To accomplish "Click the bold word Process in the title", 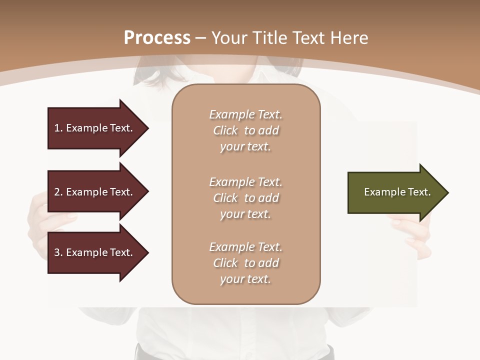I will [157, 37].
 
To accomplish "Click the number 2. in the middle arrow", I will [58, 192].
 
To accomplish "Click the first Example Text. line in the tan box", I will [245, 114].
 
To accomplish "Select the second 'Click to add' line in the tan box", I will [245, 198].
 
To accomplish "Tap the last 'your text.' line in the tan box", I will [245, 279].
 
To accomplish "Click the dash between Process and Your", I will [201, 37].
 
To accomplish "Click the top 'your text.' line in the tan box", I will [245, 147].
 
